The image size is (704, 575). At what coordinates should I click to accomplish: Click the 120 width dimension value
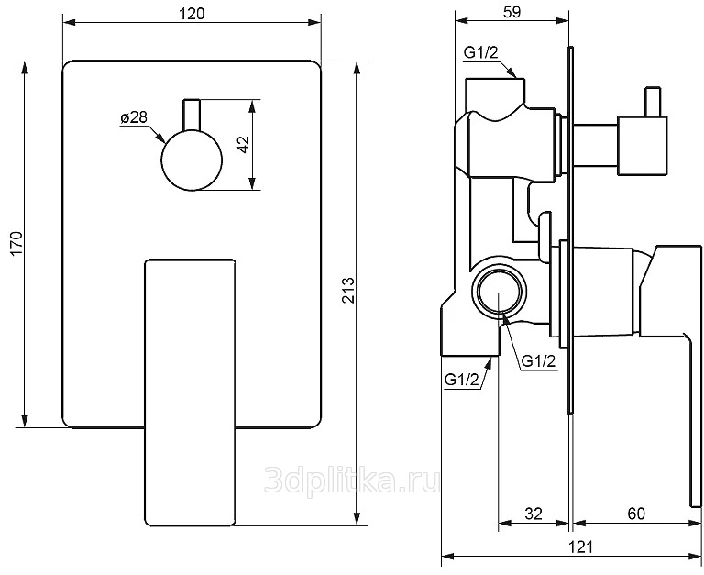coord(192,14)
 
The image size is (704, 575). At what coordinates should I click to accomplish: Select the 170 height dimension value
coord(16,243)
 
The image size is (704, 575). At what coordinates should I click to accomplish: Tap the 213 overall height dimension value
coord(348,290)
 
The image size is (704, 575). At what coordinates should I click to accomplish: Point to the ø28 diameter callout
coord(134,117)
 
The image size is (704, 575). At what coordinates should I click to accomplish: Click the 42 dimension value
coord(243,144)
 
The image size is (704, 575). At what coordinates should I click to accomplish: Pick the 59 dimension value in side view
coord(511,12)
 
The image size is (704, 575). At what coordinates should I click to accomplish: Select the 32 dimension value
coord(533,514)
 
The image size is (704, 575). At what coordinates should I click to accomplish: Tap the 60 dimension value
coord(636,514)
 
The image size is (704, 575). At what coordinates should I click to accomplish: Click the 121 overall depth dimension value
coord(580,547)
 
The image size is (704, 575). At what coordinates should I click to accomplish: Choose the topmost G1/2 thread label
coord(481,53)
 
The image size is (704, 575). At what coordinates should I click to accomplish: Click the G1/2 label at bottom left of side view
coord(462,380)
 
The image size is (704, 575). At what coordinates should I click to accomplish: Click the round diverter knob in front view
coord(192,160)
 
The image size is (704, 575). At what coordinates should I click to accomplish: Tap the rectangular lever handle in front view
coord(190,392)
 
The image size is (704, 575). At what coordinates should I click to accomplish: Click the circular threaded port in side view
coord(499,292)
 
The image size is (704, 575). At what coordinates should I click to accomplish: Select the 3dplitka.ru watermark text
coord(352,480)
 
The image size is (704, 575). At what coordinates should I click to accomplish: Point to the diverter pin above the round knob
coord(192,115)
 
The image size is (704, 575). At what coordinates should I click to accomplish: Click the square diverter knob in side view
coord(642,145)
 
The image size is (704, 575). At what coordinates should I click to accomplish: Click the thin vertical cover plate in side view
coord(571,229)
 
